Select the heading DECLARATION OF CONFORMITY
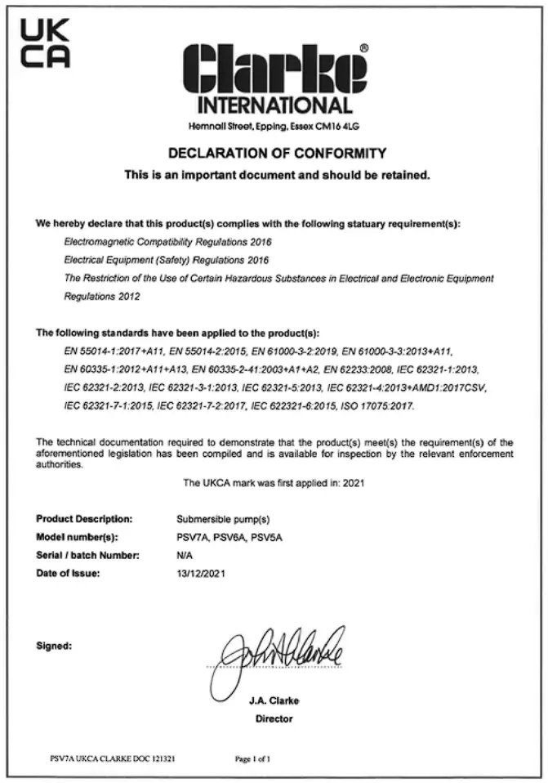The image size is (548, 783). [277, 153]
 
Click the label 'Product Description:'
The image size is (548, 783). [84, 518]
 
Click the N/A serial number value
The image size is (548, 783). [185, 555]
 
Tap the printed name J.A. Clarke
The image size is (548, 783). [274, 701]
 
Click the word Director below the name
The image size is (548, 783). [274, 719]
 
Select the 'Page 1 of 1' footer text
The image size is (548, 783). [252, 759]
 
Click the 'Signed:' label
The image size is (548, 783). [55, 645]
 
